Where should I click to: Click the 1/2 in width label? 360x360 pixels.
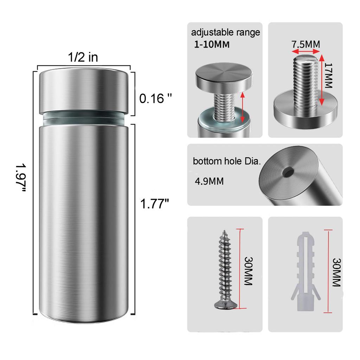tap(83, 57)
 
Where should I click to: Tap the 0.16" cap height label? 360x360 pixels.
tap(155, 98)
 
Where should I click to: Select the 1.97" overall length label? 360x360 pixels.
tap(21, 178)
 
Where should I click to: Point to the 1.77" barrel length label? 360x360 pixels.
tap(155, 204)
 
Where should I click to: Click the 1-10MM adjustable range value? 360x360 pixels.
tap(212, 44)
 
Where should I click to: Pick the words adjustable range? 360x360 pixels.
tap(225, 32)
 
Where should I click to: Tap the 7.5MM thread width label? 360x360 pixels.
tap(306, 44)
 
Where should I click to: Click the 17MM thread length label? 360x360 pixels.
tap(329, 76)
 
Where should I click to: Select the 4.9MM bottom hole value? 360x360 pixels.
tap(209, 181)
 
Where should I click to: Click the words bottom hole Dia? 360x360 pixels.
tap(227, 161)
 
